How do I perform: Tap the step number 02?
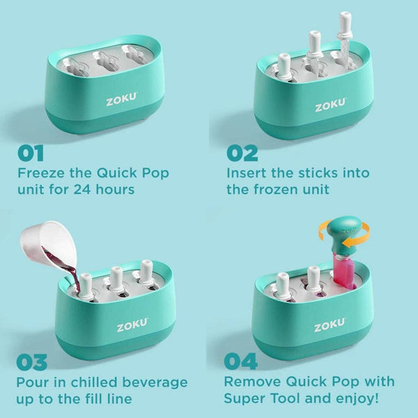pyautogui.click(x=241, y=153)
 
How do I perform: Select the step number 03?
pyautogui.click(x=31, y=362)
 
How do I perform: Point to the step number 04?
pyautogui.click(x=241, y=362)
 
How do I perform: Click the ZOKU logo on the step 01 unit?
pyautogui.click(x=121, y=101)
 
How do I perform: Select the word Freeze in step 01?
pyautogui.click(x=41, y=173)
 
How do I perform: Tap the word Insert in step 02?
pyautogui.click(x=247, y=173)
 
